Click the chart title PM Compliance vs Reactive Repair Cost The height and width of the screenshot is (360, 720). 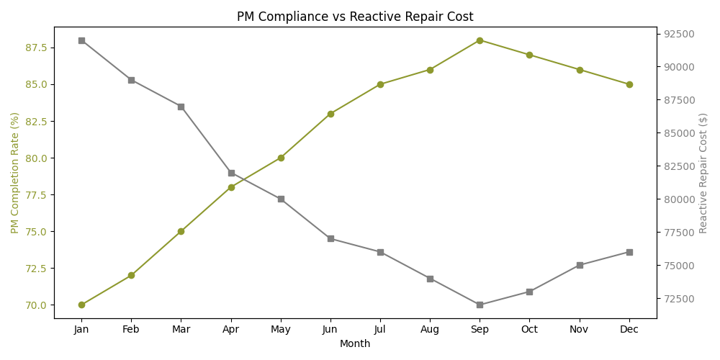pos(355,17)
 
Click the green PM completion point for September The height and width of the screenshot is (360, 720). pos(480,40)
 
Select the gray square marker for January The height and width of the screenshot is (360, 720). pos(81,40)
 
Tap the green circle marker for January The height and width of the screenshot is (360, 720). pos(81,305)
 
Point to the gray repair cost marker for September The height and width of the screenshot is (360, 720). pos(480,305)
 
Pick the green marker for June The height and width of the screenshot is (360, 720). pos(330,114)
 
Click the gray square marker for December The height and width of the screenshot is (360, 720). pos(629,252)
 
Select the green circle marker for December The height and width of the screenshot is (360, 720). pos(629,84)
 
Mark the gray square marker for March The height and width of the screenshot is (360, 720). pos(181,107)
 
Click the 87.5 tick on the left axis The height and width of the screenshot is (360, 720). pos(37,48)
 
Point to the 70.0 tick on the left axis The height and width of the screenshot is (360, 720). pos(37,305)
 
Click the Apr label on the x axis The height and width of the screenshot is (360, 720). pos(231,329)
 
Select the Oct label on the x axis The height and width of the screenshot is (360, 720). pos(529,329)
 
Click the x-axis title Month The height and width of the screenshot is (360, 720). pos(355,344)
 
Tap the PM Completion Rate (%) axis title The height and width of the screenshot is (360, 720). pos(15,173)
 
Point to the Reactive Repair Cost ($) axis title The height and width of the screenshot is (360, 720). pos(703,173)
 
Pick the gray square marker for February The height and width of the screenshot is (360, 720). pos(131,80)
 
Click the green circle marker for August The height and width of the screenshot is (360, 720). pos(430,70)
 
